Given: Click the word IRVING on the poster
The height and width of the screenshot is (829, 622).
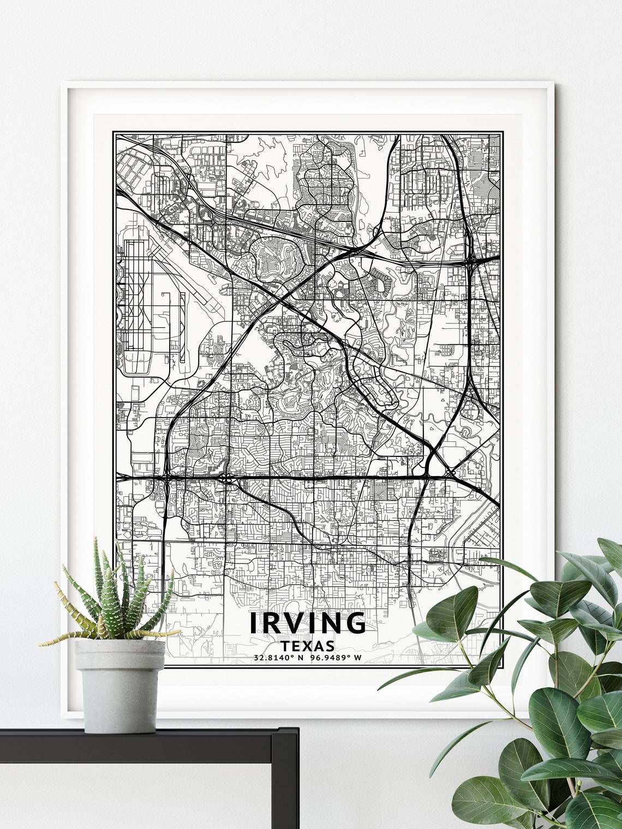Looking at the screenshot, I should click(x=308, y=623).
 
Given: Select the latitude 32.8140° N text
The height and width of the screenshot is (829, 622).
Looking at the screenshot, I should click(x=278, y=657).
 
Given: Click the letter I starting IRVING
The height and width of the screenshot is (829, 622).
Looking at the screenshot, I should click(x=254, y=623).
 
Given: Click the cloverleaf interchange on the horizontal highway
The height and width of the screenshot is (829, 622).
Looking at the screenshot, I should click(x=226, y=479).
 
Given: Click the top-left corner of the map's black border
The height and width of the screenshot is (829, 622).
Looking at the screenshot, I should click(x=113, y=132).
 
